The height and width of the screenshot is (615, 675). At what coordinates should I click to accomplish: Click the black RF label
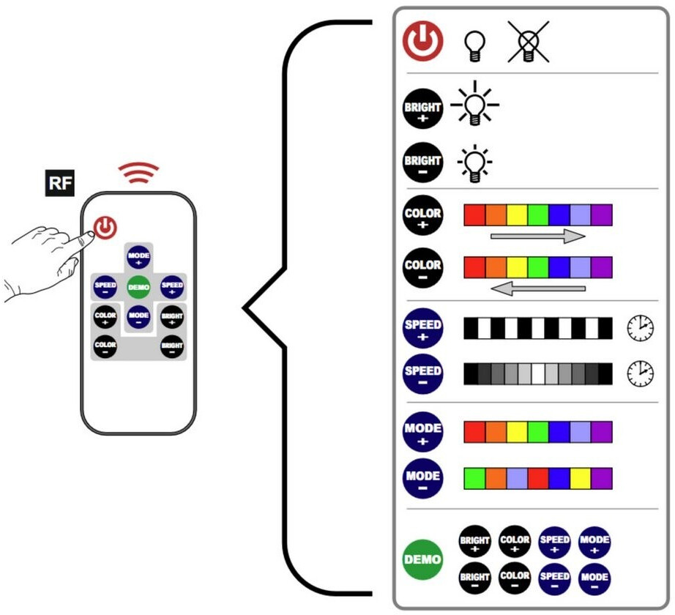(60, 183)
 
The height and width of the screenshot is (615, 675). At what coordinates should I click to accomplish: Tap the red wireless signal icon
(138, 173)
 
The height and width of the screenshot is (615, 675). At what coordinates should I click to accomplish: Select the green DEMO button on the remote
(138, 286)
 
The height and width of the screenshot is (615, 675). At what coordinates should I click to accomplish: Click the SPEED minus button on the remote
(105, 287)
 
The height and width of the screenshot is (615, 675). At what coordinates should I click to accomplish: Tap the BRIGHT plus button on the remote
(172, 318)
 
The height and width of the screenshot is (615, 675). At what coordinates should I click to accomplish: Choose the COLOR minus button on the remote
(105, 346)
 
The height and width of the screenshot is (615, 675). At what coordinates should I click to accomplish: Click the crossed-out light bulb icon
(528, 42)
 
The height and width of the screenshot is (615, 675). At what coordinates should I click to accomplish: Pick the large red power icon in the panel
(422, 41)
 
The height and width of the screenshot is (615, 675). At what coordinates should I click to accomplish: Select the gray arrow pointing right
(537, 236)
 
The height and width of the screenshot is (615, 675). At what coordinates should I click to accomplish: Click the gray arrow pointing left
(537, 288)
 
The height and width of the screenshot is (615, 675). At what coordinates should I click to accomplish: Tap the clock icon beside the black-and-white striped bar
(640, 329)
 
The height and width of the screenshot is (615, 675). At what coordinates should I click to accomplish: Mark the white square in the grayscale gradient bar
(538, 373)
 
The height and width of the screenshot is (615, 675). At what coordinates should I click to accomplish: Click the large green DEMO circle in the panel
(422, 559)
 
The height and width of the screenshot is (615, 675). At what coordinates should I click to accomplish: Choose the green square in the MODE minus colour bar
(474, 479)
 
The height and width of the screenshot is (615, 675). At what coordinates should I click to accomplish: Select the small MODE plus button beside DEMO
(594, 543)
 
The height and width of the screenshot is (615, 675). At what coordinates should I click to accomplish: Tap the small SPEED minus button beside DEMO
(554, 579)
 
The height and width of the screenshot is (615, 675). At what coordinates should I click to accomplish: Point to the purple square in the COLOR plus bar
(601, 215)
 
